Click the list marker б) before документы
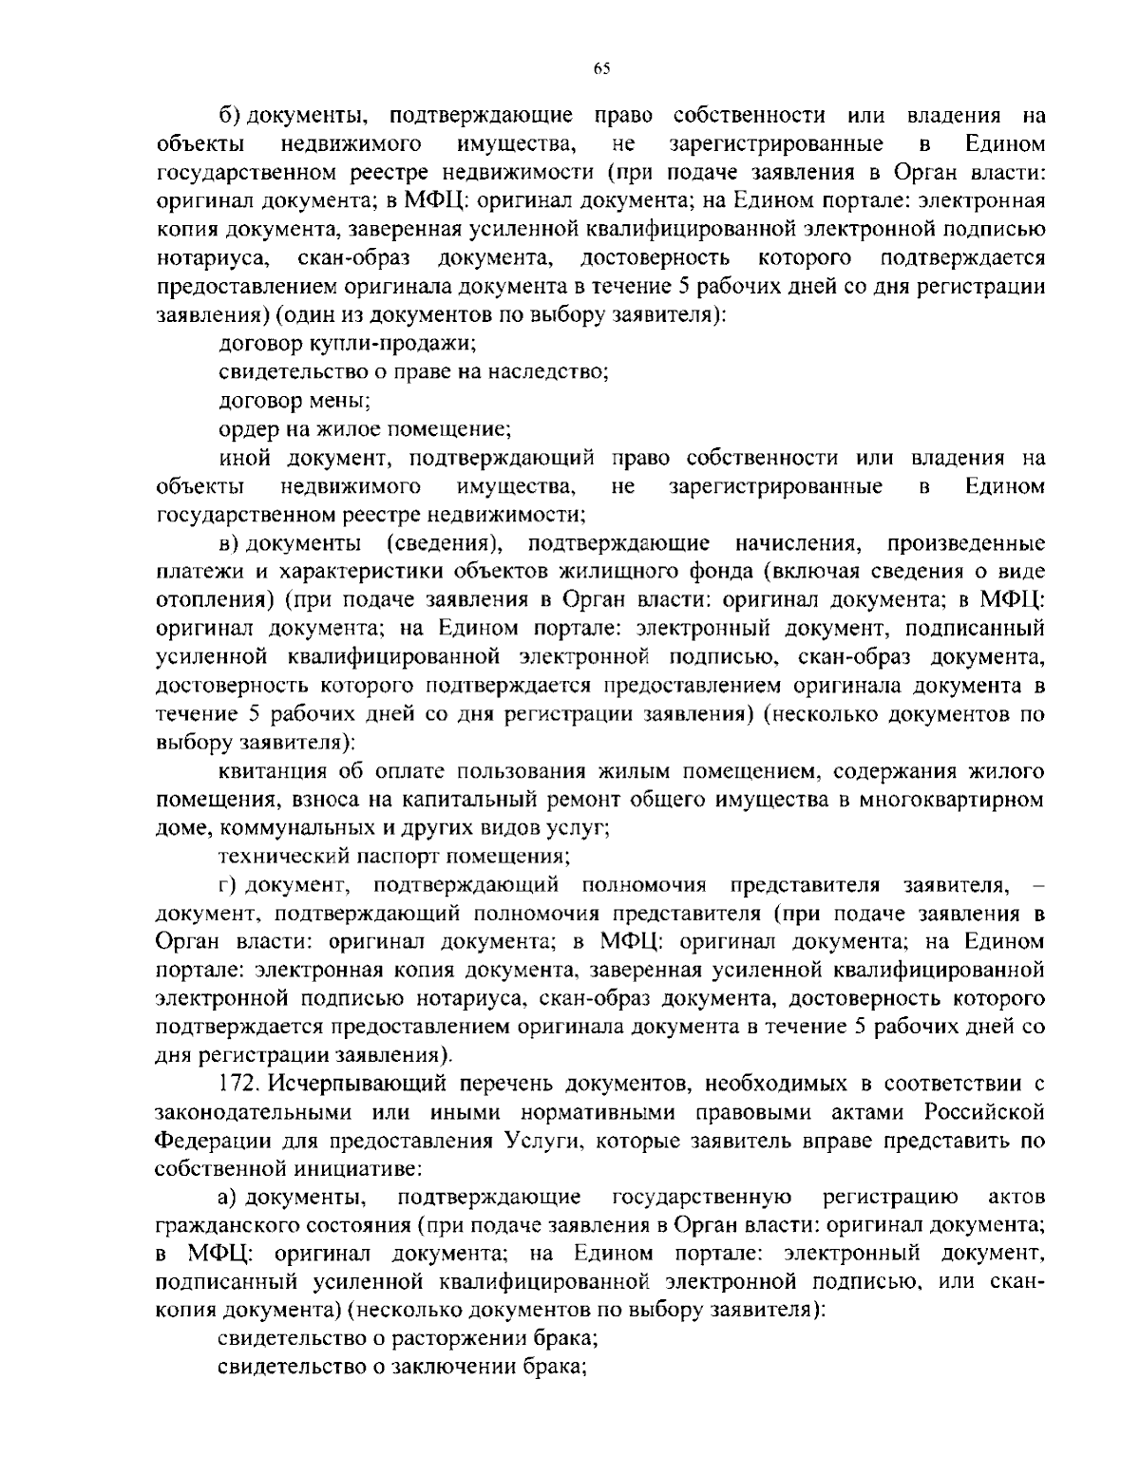click(227, 116)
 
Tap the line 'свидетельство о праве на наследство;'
click(413, 372)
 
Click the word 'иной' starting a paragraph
click(244, 458)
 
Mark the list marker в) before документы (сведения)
click(227, 543)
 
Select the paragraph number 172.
click(237, 1084)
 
